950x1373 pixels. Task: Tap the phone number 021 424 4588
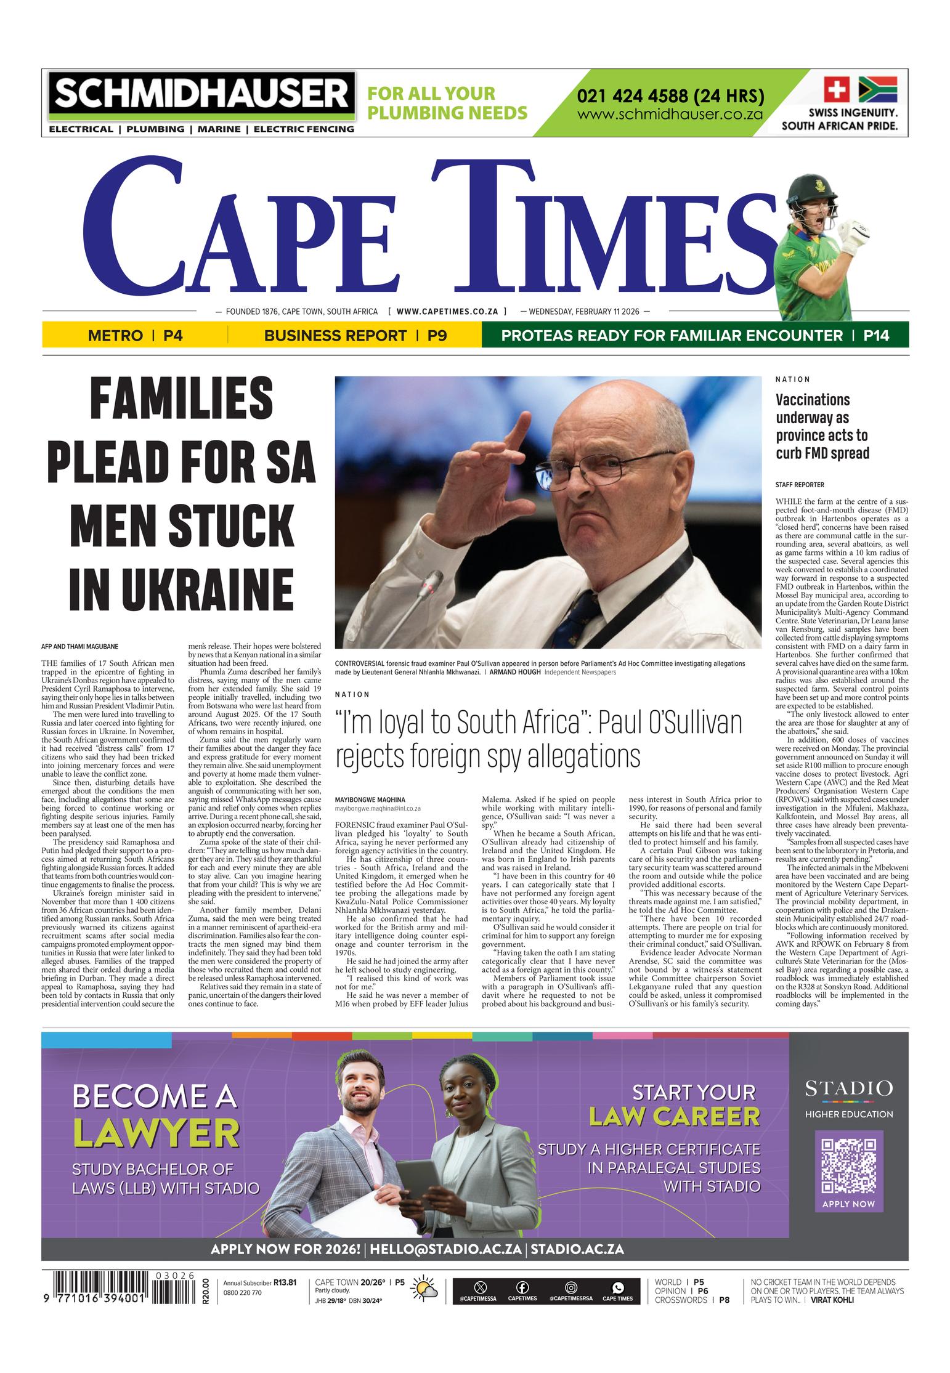pos(670,96)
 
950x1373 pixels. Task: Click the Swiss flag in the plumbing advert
pos(837,89)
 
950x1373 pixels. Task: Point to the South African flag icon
pos(877,89)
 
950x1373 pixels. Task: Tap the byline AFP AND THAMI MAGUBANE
pos(80,646)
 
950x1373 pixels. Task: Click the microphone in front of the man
pos(432,581)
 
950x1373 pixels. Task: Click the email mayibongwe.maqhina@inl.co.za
pos(378,808)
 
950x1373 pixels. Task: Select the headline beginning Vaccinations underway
pos(822,426)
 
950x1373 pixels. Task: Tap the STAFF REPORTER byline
pos(799,485)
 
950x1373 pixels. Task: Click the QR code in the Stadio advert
pos(848,1167)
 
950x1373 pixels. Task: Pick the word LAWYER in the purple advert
pos(156,1132)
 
